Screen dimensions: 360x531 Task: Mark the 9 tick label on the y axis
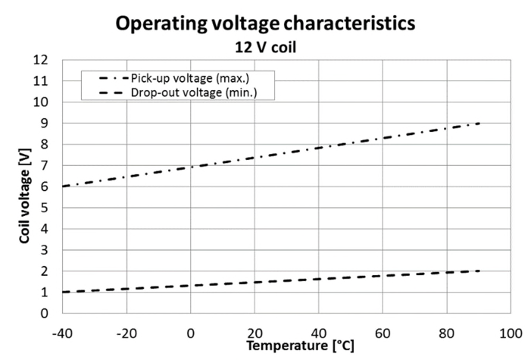pyautogui.click(x=45, y=123)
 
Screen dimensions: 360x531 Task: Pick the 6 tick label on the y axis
pyautogui.click(x=45, y=186)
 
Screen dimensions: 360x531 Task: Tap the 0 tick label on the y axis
pyautogui.click(x=45, y=313)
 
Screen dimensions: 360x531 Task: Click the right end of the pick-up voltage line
pyautogui.click(x=480, y=123)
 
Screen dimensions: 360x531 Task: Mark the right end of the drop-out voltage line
pyautogui.click(x=480, y=271)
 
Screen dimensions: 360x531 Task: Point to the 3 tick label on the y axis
pyautogui.click(x=45, y=249)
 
